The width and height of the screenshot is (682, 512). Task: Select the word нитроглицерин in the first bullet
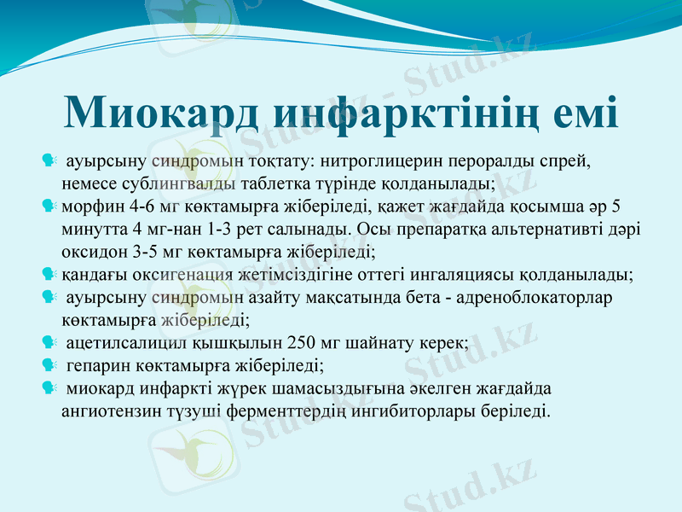(365, 160)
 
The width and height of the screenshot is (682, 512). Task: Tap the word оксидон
(90, 252)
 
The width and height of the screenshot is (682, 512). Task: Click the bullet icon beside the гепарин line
(49, 366)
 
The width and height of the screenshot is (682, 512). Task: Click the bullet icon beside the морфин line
(49, 206)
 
